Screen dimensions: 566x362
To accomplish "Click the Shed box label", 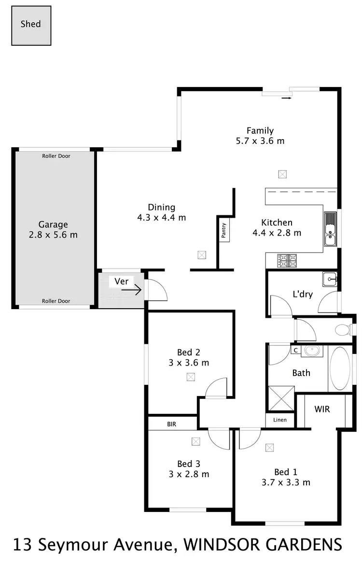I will pyautogui.click(x=30, y=24).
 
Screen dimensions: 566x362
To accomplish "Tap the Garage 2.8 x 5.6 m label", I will pyautogui.click(x=53, y=230).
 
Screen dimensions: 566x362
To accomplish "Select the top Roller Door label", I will pyautogui.click(x=56, y=156).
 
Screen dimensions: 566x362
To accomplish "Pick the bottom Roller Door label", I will pyautogui.click(x=56, y=301).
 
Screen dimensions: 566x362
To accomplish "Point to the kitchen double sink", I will pyautogui.click(x=330, y=230).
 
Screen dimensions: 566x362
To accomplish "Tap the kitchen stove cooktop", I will pyautogui.click(x=288, y=261).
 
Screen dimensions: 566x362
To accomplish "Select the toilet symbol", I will pyautogui.click(x=343, y=330).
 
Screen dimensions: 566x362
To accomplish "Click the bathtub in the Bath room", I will pyautogui.click(x=341, y=368).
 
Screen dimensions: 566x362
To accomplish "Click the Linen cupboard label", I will pyautogui.click(x=280, y=420).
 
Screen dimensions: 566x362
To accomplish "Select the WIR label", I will pyautogui.click(x=322, y=409).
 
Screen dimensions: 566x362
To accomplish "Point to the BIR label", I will pyautogui.click(x=171, y=424).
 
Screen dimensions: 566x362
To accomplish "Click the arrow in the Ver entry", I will pyautogui.click(x=131, y=290).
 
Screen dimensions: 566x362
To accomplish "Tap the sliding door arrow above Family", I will pyautogui.click(x=286, y=98).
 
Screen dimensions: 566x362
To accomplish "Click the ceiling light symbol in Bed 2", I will pyautogui.click(x=191, y=377).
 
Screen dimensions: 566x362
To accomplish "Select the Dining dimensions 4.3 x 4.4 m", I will pyautogui.click(x=161, y=218).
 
